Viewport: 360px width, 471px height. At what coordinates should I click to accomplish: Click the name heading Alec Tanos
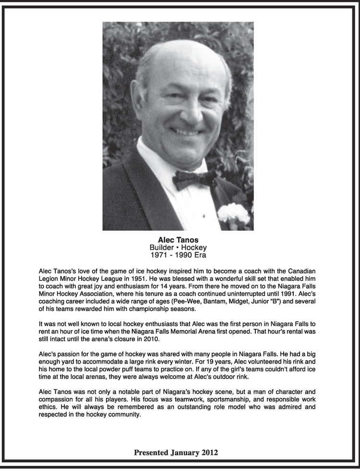pyautogui.click(x=178, y=240)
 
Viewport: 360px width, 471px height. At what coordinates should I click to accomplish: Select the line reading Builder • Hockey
pyautogui.click(x=178, y=247)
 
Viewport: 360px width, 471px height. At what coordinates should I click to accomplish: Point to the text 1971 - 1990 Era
pyautogui.click(x=178, y=255)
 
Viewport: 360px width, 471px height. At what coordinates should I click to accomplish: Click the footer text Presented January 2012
pyautogui.click(x=176, y=452)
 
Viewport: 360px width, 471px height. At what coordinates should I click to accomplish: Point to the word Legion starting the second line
pyautogui.click(x=49, y=278)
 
